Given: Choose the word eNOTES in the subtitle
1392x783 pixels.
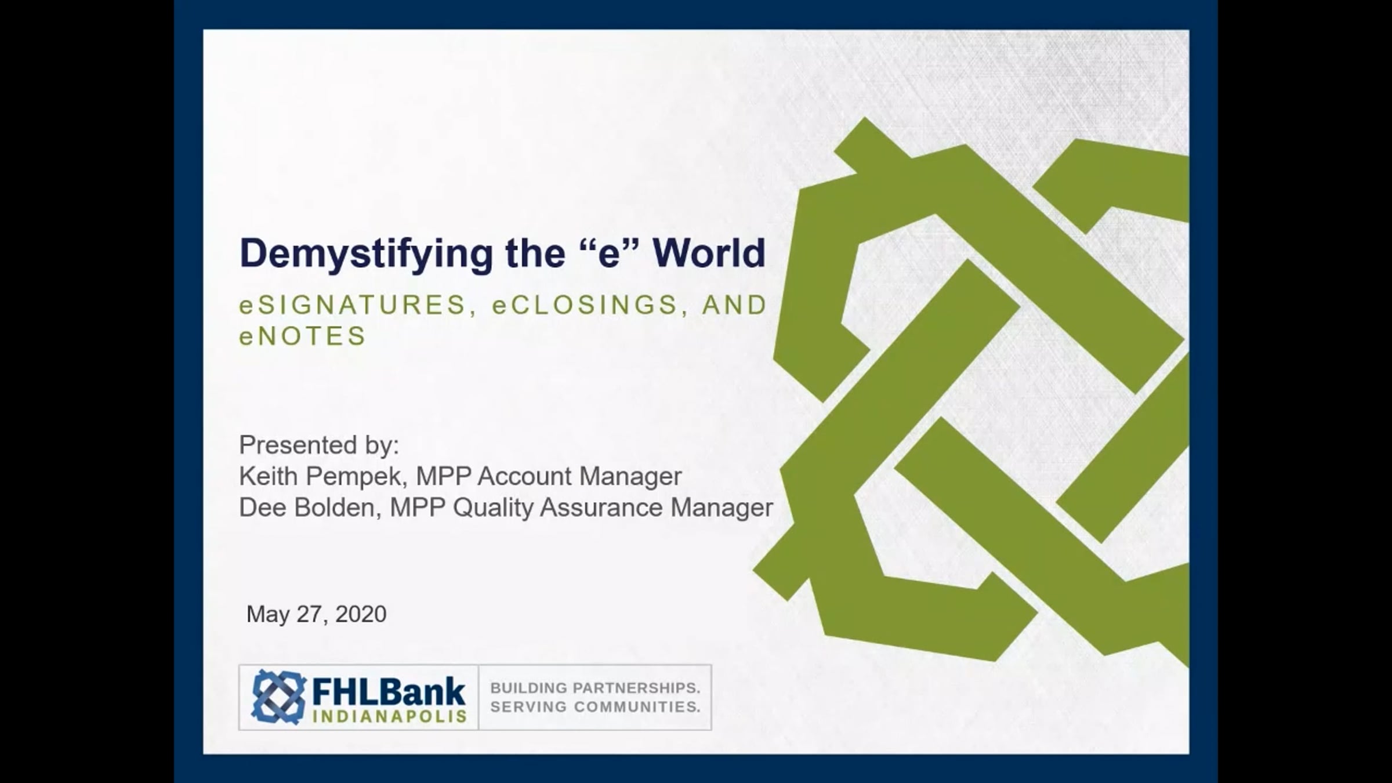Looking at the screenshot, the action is [303, 336].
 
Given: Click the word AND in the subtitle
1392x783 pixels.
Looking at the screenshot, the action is [734, 304].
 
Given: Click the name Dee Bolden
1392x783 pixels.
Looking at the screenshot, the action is [307, 507].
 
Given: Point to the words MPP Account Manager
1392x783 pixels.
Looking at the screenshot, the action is [549, 476].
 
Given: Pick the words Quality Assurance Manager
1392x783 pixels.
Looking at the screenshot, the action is [612, 508].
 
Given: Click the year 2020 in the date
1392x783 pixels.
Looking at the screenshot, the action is [361, 614].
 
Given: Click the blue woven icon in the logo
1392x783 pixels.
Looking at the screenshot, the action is [279, 697].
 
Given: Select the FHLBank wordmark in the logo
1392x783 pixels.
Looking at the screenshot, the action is [389, 692].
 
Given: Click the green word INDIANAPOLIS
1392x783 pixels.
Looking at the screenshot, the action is [389, 716].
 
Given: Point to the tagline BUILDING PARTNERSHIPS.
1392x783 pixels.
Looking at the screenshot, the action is [595, 688].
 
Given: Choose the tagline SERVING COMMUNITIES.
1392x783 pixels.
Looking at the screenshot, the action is [595, 707].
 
